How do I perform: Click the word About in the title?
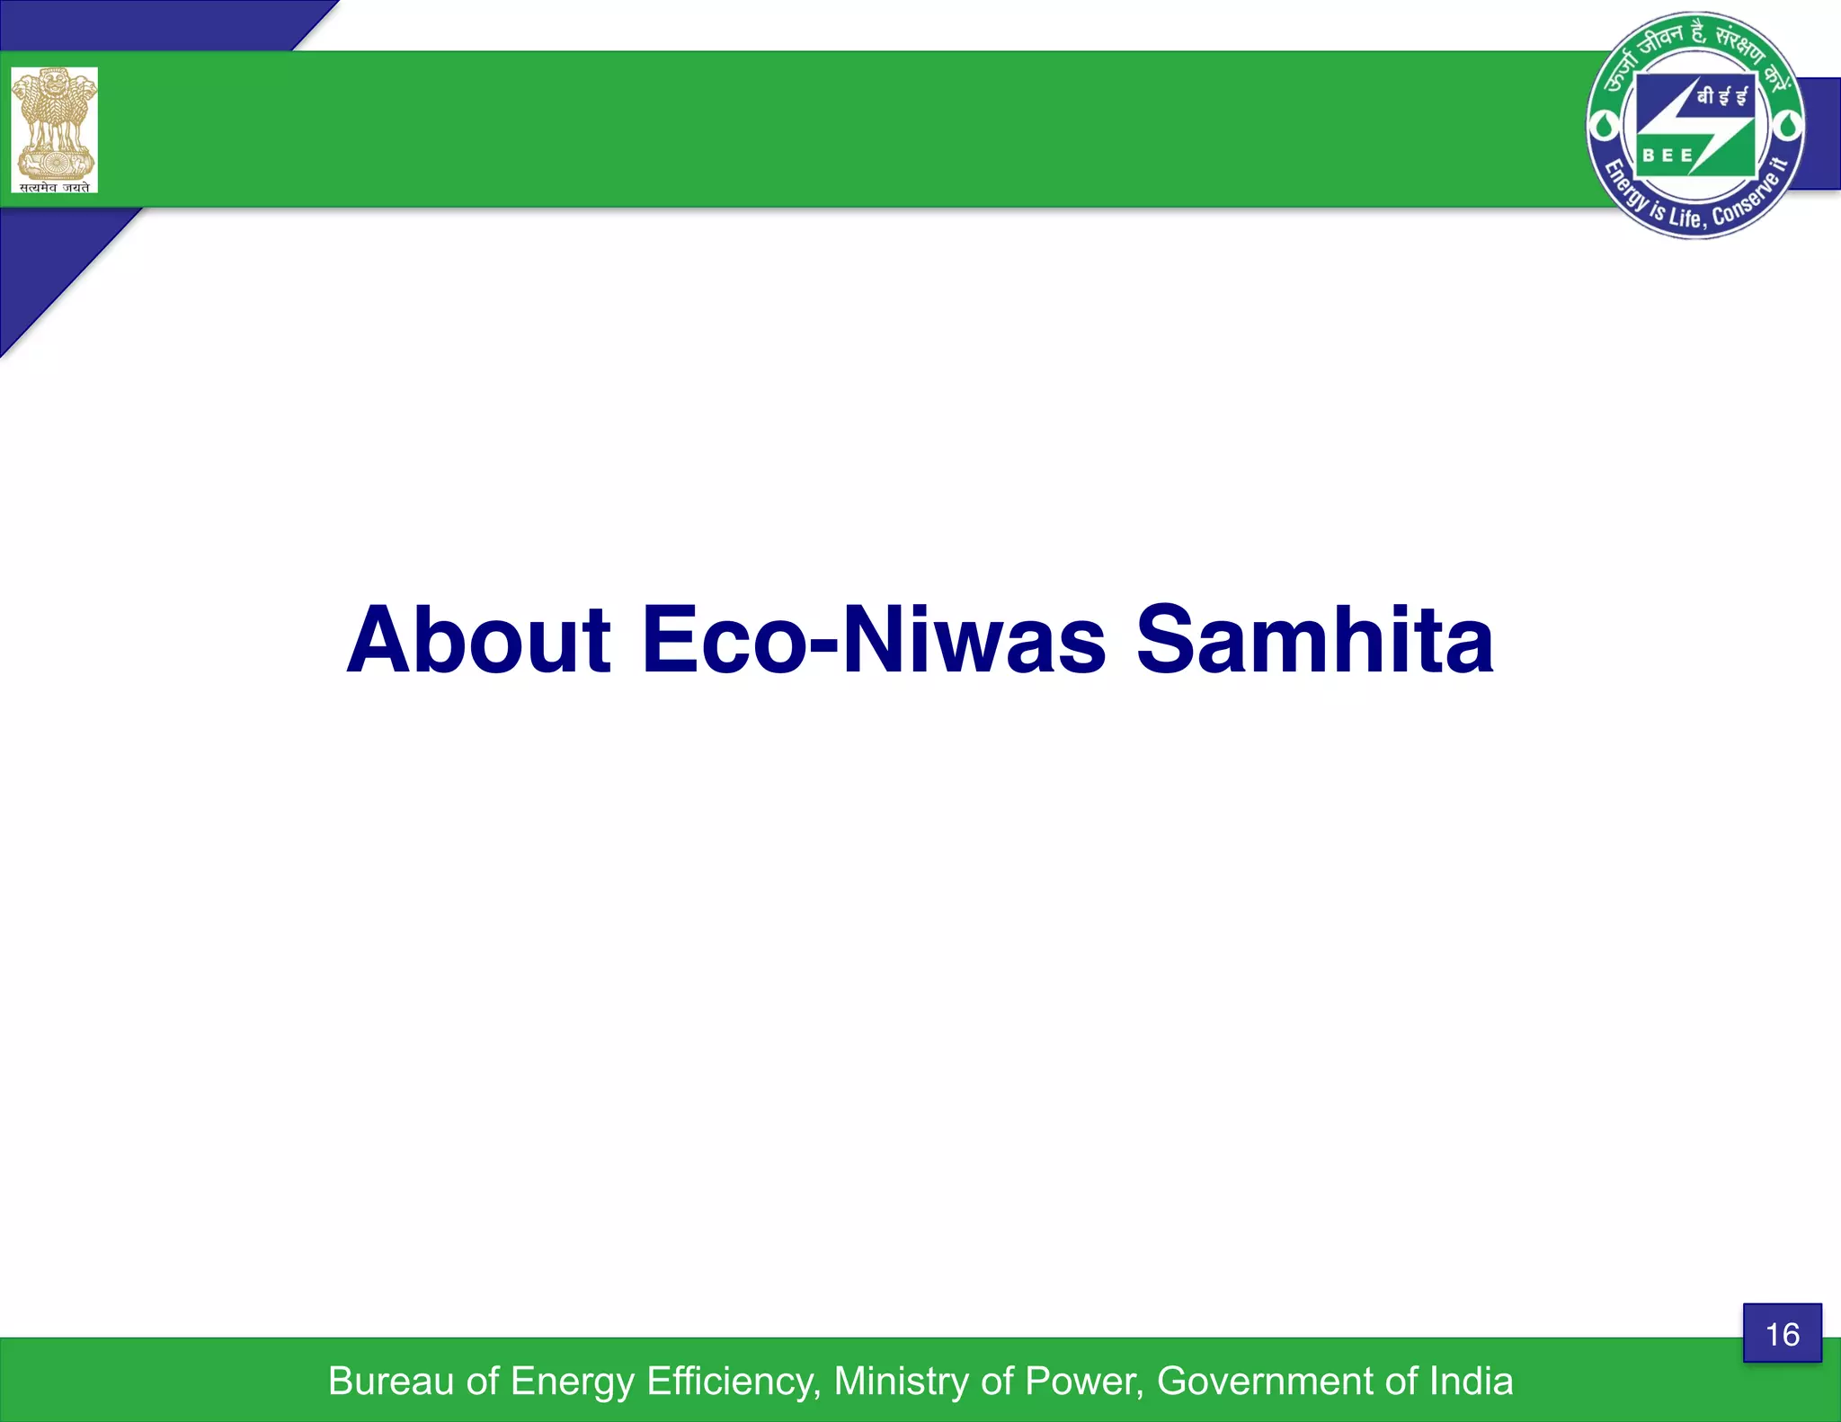click(x=478, y=640)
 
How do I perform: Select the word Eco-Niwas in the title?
click(x=873, y=640)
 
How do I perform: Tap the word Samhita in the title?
click(x=1314, y=640)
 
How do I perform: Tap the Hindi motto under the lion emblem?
click(x=55, y=186)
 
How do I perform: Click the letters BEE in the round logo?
click(x=1668, y=156)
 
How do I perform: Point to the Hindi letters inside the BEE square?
click(x=1721, y=97)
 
